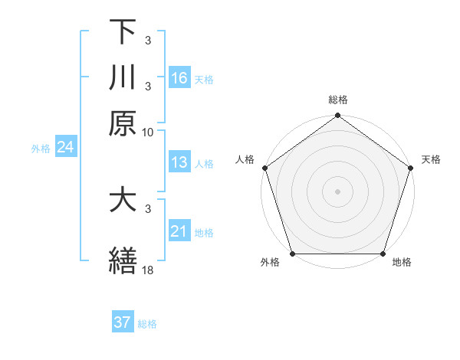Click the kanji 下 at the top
pyautogui.click(x=123, y=31)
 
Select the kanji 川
pyautogui.click(x=123, y=77)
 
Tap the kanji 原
pyautogui.click(x=123, y=123)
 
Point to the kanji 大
pyautogui.click(x=123, y=200)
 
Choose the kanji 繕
pyautogui.click(x=123, y=260)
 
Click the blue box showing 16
pyautogui.click(x=179, y=77)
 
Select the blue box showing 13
pyautogui.click(x=179, y=162)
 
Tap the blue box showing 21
pyautogui.click(x=179, y=231)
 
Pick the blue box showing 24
pyautogui.click(x=65, y=147)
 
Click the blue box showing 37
pyautogui.click(x=123, y=322)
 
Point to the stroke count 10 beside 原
pyautogui.click(x=148, y=132)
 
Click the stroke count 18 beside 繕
pyautogui.click(x=148, y=270)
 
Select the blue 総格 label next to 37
pyautogui.click(x=147, y=324)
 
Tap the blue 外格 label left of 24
pyautogui.click(x=40, y=149)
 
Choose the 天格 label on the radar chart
pyautogui.click(x=431, y=159)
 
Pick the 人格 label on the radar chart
pyautogui.click(x=245, y=159)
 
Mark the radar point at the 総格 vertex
pyautogui.click(x=337, y=116)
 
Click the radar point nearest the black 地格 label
pyautogui.click(x=383, y=254)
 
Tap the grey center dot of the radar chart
pyautogui.click(x=337, y=191)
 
